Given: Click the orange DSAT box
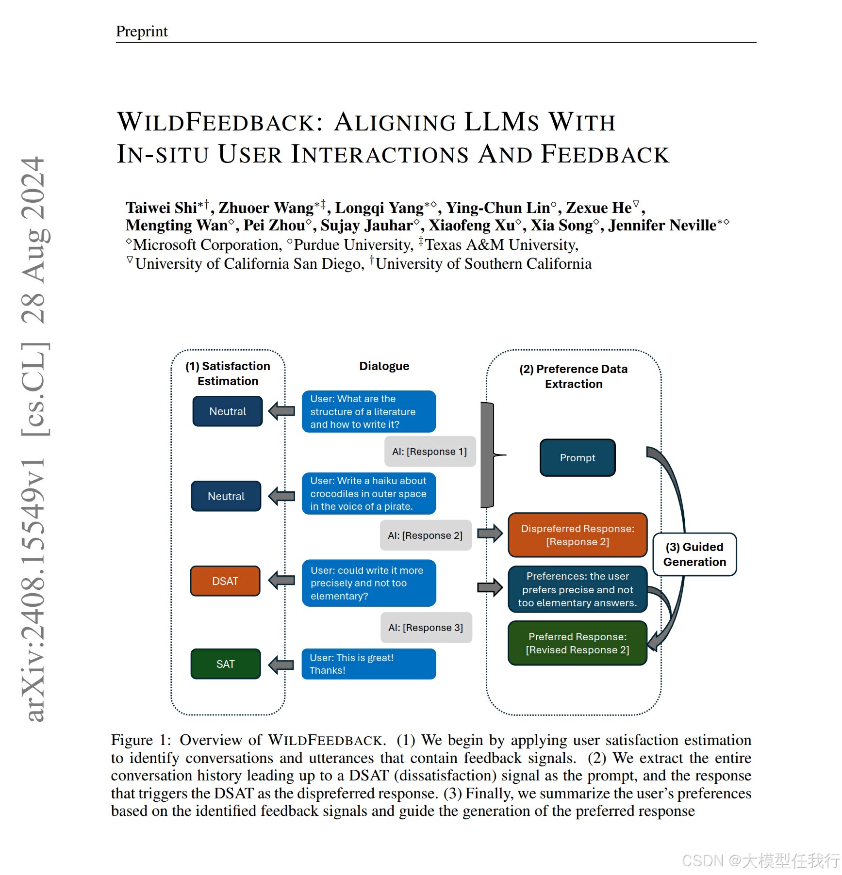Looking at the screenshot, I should [225, 581].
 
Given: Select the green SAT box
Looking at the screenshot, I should [226, 664].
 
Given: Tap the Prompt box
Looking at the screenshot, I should [578, 458].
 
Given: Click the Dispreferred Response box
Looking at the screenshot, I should [578, 535].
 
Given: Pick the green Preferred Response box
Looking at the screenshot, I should [578, 643].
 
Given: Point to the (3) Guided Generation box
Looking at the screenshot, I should [694, 554].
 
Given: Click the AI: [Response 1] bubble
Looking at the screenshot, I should [429, 452].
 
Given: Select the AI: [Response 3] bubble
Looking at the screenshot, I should [426, 628].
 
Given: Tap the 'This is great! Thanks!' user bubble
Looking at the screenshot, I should [368, 664].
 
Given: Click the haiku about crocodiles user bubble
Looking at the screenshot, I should [368, 493].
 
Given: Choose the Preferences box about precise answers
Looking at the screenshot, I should [578, 589].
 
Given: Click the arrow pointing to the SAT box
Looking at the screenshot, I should [281, 664].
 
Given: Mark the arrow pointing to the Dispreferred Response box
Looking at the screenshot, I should [490, 534].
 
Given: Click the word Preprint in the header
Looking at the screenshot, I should [142, 32].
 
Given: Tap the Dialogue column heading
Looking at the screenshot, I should [384, 366].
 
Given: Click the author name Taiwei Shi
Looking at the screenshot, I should [161, 208].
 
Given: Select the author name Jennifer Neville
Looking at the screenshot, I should [662, 226].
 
